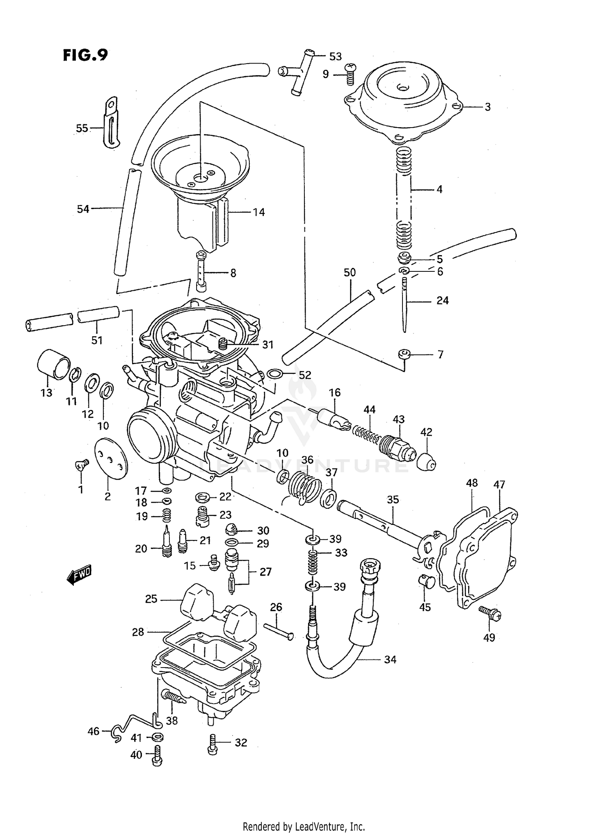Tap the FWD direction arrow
click(x=79, y=574)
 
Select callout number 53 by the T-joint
click(x=335, y=57)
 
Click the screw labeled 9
click(x=349, y=75)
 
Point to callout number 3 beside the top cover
click(x=488, y=107)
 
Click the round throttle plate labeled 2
click(x=111, y=458)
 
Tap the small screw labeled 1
click(x=81, y=465)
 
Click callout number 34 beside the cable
click(x=390, y=660)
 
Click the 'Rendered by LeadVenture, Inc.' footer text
click(x=304, y=826)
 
